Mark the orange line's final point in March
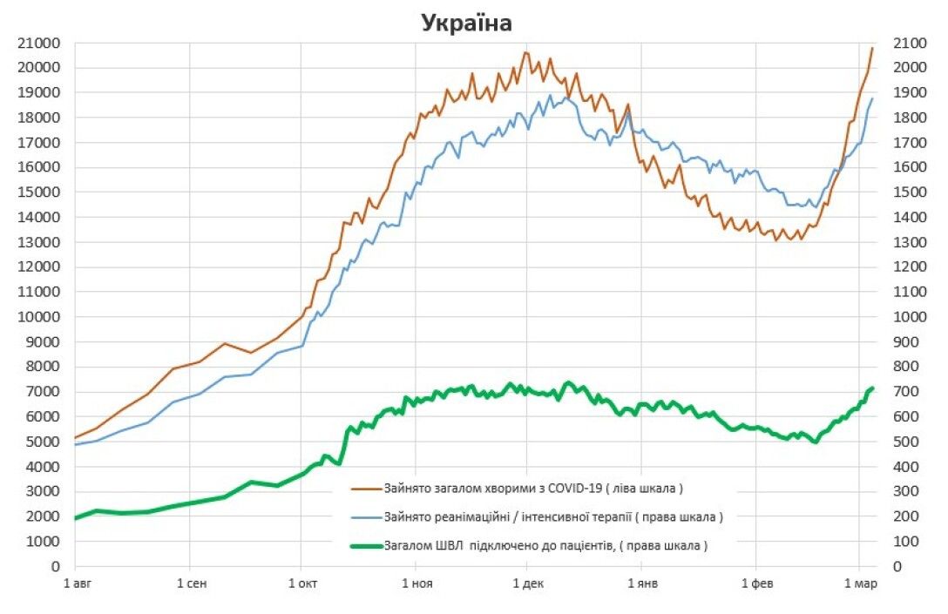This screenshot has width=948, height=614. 872,48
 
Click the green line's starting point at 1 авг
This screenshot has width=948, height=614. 76,518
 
